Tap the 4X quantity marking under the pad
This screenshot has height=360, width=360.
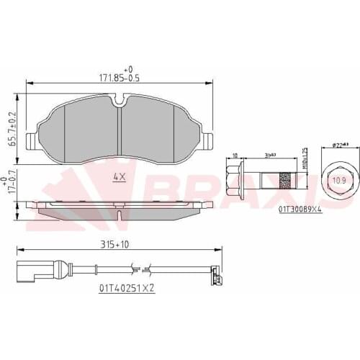[119, 176]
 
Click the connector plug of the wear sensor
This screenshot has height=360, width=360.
[30, 271]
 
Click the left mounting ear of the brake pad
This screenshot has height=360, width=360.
[30, 139]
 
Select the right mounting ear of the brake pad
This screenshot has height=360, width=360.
[210, 139]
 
